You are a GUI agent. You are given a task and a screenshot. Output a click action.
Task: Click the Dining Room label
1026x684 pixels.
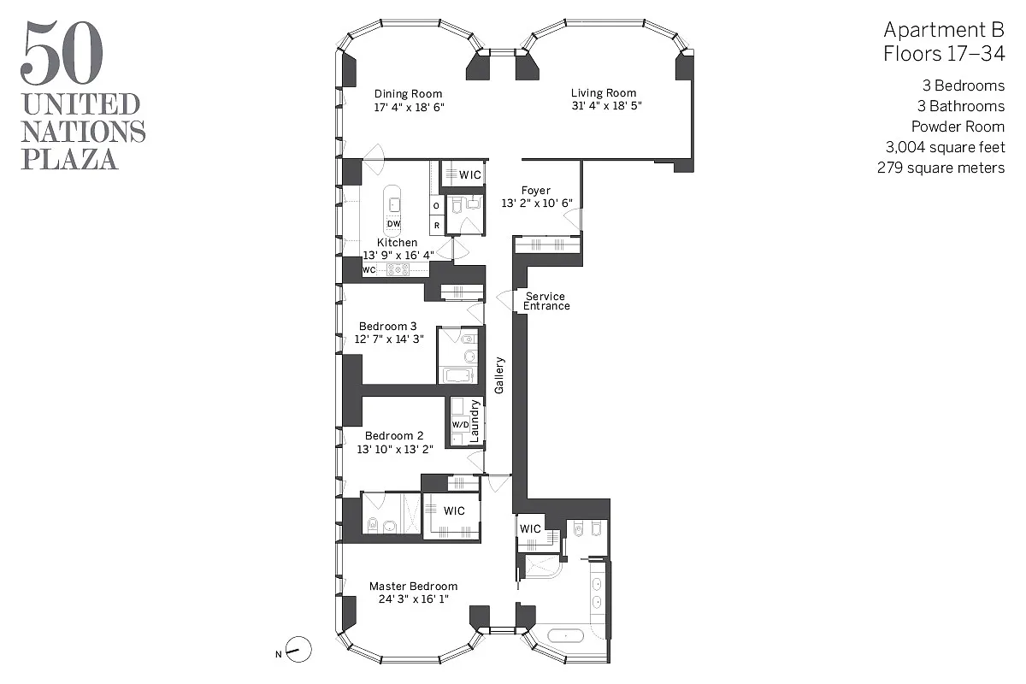tap(409, 94)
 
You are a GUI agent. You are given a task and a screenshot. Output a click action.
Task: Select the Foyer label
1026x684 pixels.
tap(536, 191)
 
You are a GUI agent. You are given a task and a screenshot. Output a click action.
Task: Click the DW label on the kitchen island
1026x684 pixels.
tap(393, 224)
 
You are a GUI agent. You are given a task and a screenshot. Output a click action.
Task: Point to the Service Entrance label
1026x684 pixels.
tap(545, 301)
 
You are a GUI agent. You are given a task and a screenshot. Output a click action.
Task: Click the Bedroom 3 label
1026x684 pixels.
tap(388, 326)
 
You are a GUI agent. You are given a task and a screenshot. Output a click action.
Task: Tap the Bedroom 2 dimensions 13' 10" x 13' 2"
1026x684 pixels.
tap(394, 449)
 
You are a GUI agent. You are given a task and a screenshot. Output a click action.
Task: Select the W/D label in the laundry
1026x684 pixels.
tap(459, 425)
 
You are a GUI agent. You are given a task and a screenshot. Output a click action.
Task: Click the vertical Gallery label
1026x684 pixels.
tap(499, 375)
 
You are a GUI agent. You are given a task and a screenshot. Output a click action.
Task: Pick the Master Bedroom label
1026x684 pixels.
tap(413, 587)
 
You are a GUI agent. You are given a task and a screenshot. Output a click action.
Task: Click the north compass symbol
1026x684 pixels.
tap(298, 651)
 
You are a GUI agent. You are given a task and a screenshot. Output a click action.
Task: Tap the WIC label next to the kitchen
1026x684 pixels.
tap(470, 174)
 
